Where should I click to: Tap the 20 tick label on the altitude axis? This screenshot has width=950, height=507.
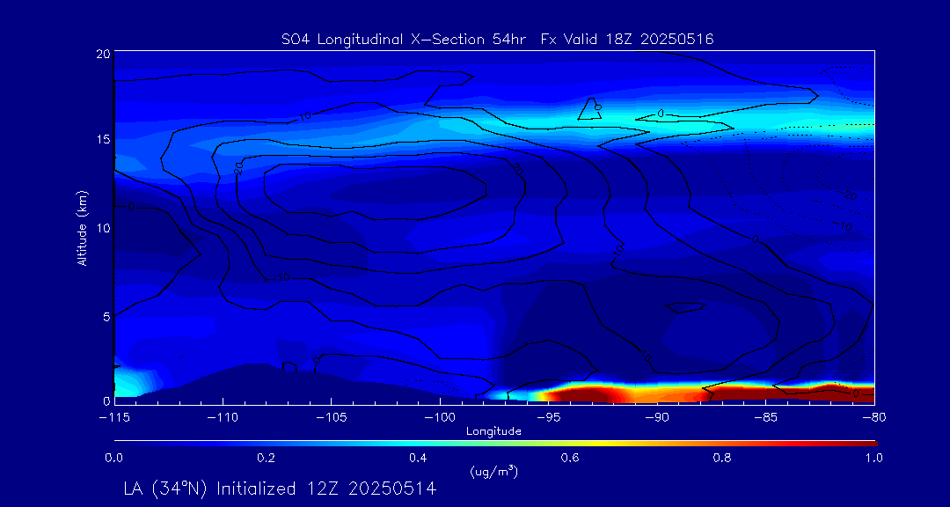pyautogui.click(x=102, y=54)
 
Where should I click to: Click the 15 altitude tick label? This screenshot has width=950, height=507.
pyautogui.click(x=102, y=140)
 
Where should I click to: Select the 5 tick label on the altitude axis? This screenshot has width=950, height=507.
pyautogui.click(x=105, y=315)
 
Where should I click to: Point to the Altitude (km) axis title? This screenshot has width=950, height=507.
pyautogui.click(x=83, y=227)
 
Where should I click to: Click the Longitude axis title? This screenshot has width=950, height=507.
pyautogui.click(x=493, y=431)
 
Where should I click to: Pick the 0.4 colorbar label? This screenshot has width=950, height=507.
pyautogui.click(x=418, y=458)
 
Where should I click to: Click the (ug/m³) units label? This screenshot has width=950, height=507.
pyautogui.click(x=493, y=472)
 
